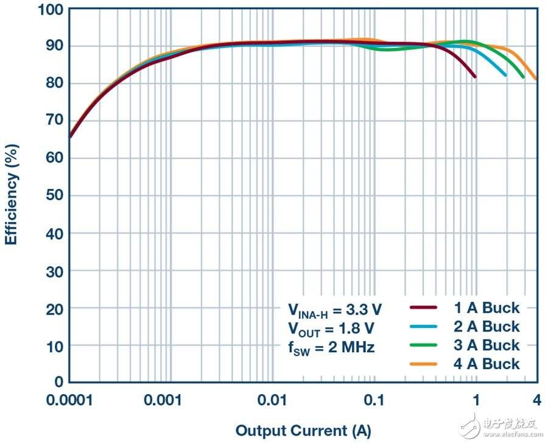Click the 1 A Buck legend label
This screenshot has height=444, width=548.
pyautogui.click(x=487, y=308)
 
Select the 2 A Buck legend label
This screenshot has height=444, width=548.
pyautogui.click(x=487, y=327)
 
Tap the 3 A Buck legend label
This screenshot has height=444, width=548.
pyautogui.click(x=487, y=345)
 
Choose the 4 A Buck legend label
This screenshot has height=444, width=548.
pyautogui.click(x=487, y=364)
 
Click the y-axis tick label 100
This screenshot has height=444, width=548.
pyautogui.click(x=49, y=9)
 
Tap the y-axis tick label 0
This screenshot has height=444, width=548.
pyautogui.click(x=57, y=382)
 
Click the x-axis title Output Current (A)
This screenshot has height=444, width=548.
pyautogui.click(x=303, y=431)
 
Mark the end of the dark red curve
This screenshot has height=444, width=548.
pyautogui.click(x=475, y=77)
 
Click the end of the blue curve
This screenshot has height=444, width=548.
pyautogui.click(x=505, y=75)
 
